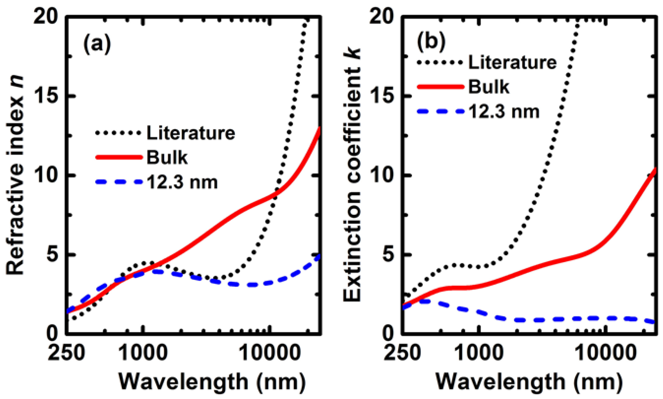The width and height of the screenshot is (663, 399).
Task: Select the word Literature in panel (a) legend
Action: [x=191, y=133]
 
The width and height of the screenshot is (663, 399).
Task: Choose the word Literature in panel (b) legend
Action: [x=512, y=62]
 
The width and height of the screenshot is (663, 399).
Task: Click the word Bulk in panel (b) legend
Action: [x=489, y=87]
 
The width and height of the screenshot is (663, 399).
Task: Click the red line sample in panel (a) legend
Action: [x=119, y=157]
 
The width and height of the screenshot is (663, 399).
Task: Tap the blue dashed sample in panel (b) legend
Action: [x=441, y=111]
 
